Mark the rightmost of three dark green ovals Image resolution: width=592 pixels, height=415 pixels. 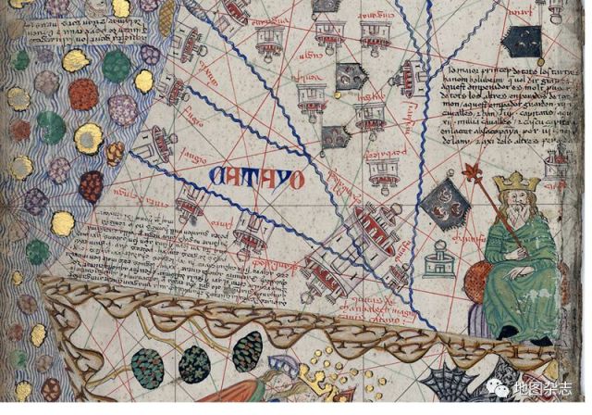247,353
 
